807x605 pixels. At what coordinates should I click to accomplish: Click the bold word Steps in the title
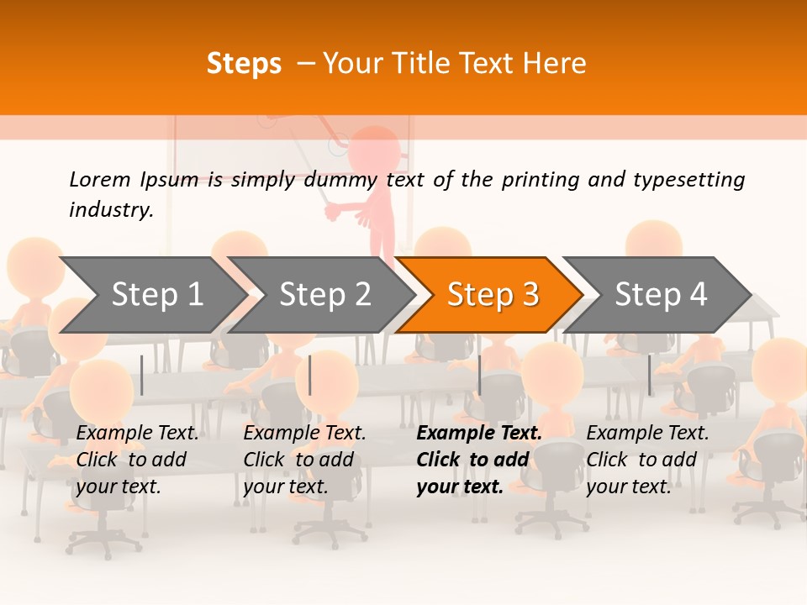click(244, 64)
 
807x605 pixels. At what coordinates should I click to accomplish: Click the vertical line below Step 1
click(142, 375)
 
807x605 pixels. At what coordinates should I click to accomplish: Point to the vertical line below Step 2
click(310, 375)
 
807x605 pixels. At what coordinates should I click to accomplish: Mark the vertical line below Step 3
click(479, 375)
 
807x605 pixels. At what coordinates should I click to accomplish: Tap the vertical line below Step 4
click(649, 375)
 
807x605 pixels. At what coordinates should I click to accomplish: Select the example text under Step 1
click(137, 460)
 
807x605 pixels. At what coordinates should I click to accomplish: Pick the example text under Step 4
click(647, 460)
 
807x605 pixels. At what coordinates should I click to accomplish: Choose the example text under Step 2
click(304, 460)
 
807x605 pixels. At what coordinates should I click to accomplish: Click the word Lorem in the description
click(100, 180)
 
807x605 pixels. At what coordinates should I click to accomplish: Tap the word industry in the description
click(110, 210)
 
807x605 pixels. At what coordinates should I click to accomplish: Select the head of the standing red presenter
click(373, 151)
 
